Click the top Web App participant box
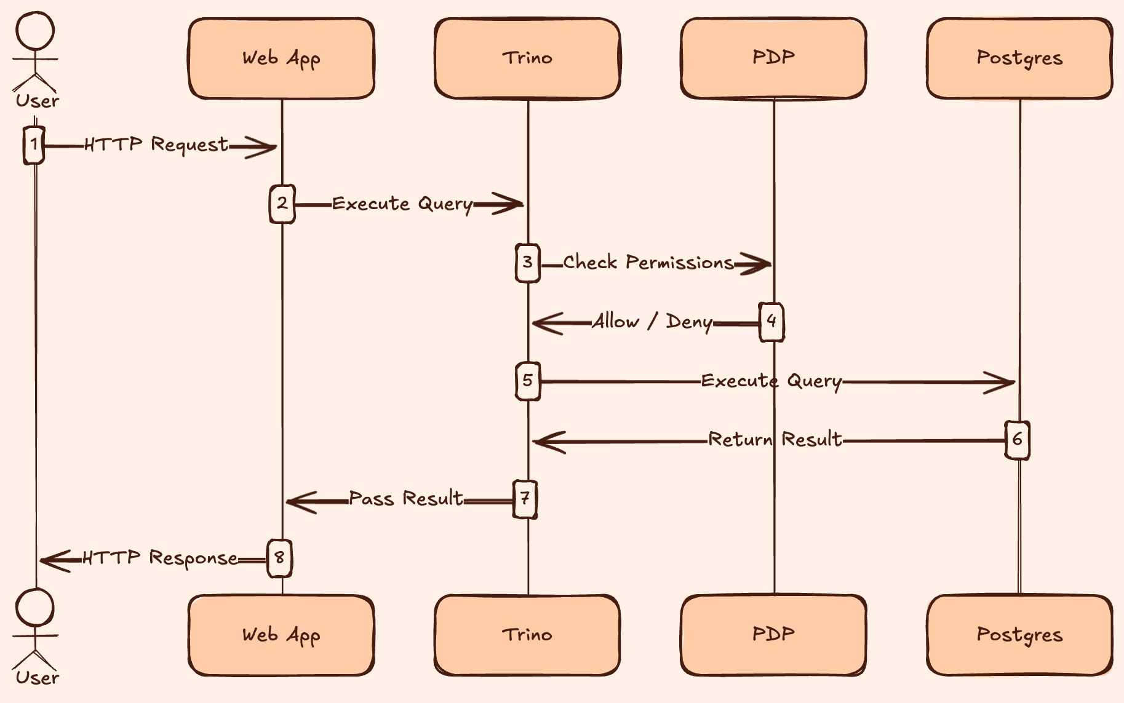(x=281, y=58)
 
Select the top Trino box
(x=527, y=58)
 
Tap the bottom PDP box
(x=773, y=635)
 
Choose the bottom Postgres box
(x=1019, y=635)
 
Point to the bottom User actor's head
(x=35, y=608)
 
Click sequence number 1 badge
(x=34, y=145)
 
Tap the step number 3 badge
(x=527, y=263)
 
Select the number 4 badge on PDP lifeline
(x=771, y=321)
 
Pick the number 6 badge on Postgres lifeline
(x=1017, y=440)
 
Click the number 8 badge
(x=279, y=558)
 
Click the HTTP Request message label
(x=156, y=145)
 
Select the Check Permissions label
(x=648, y=263)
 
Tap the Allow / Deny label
(x=652, y=322)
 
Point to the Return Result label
(x=775, y=440)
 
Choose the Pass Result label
(x=406, y=498)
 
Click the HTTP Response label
(x=160, y=558)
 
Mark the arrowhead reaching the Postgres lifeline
(x=1003, y=383)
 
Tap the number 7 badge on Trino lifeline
(x=525, y=499)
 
